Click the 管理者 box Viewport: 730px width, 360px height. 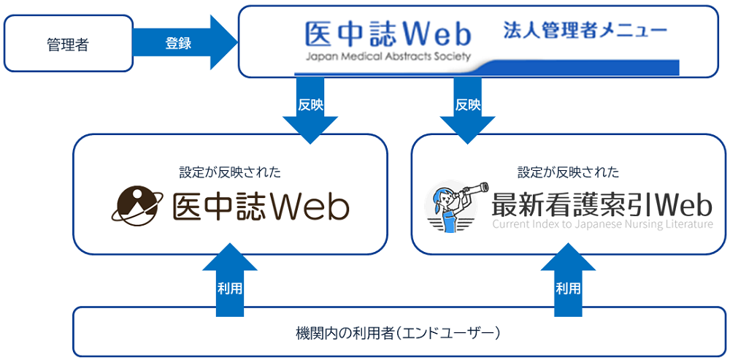(67, 44)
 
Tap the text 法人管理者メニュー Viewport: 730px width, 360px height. (584, 31)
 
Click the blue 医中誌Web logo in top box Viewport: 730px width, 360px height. (388, 33)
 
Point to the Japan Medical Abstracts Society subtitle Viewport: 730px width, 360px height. (388, 56)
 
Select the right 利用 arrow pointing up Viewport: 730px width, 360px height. (568, 281)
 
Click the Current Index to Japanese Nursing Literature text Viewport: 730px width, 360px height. (602, 224)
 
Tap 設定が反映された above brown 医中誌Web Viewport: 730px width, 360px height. (230, 172)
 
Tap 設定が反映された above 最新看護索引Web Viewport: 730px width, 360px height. (568, 172)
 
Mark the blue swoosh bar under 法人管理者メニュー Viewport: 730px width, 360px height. (584, 67)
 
